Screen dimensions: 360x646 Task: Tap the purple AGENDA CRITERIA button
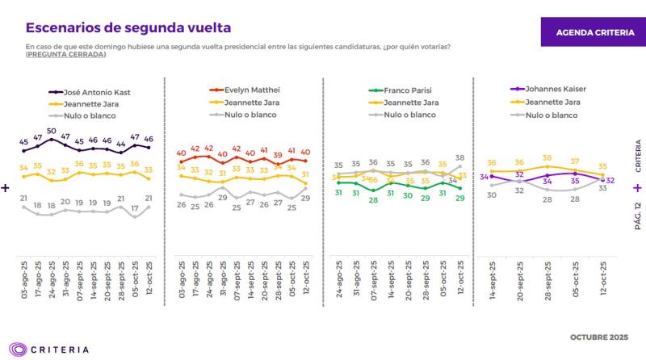point(592,31)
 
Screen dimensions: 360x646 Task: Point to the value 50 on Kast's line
point(51,131)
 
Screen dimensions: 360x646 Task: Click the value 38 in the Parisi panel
point(460,157)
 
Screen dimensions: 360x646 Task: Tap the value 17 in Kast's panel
point(135,207)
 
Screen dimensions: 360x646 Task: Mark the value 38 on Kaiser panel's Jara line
point(547,158)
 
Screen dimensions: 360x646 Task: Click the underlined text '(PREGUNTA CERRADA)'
point(65,54)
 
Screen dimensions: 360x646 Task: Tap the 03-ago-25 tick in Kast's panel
point(24,280)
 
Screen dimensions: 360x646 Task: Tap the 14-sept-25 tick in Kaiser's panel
point(492,278)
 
